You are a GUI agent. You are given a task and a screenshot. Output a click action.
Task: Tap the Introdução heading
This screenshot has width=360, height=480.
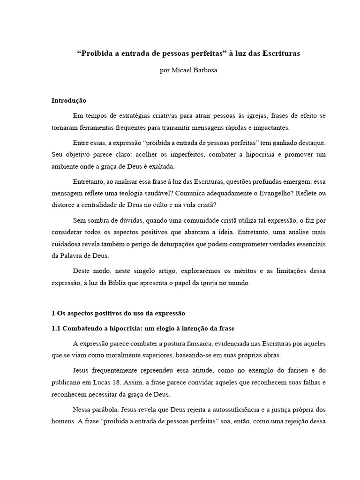point(69,101)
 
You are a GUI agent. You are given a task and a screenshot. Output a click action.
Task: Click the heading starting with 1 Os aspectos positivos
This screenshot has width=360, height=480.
point(119,313)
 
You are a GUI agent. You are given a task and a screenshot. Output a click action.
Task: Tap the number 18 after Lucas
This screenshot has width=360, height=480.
point(118,382)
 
